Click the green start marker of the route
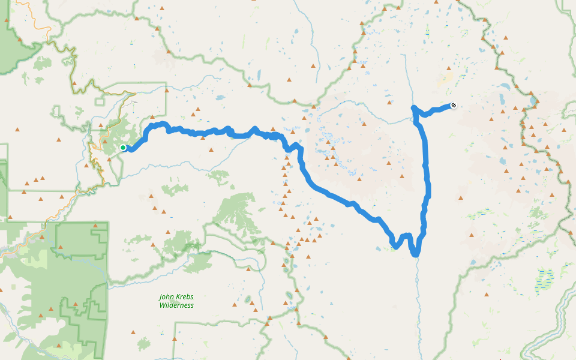tap(123, 148)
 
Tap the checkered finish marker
tap(454, 106)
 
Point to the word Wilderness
tap(176, 305)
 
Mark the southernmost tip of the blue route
tap(415, 255)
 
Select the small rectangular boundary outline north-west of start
tap(59, 111)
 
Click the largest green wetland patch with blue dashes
tap(545, 278)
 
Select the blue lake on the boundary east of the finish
tap(533, 101)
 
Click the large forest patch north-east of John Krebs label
tap(237, 210)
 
